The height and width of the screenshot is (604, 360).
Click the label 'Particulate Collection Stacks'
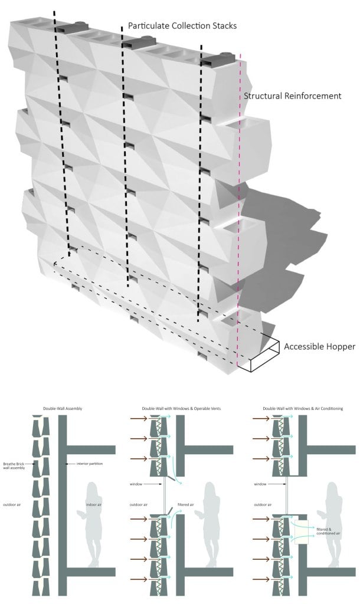point(183,26)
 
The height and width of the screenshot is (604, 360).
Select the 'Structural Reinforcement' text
point(293,96)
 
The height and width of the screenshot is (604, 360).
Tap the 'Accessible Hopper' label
point(319,346)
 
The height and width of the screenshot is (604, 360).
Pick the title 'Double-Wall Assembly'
point(63,408)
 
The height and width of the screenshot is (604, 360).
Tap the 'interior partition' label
point(89,464)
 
